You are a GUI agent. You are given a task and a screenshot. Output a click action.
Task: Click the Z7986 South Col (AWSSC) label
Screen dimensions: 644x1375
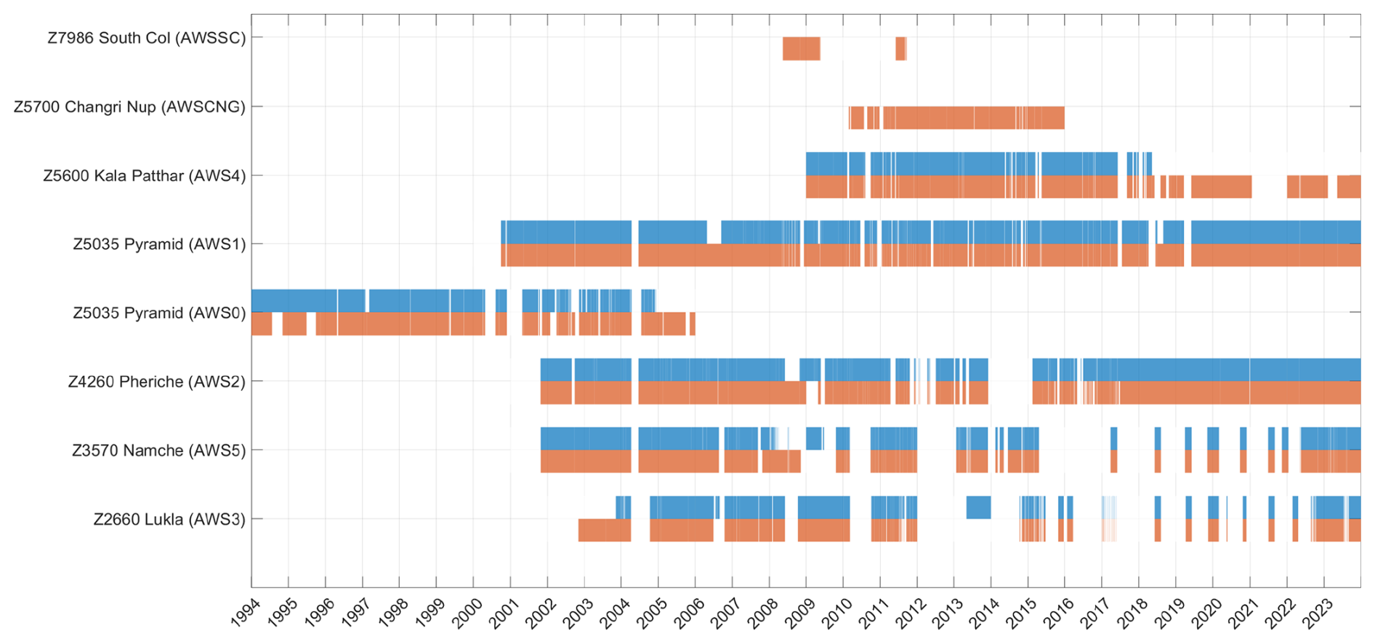click(146, 38)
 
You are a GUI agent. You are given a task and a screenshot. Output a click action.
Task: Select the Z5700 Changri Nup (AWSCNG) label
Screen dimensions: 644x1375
click(129, 107)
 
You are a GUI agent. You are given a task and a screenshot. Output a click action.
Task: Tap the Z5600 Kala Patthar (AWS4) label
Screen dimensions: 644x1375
click(144, 176)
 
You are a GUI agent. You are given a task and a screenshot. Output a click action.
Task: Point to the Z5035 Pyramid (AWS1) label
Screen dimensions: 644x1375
click(159, 244)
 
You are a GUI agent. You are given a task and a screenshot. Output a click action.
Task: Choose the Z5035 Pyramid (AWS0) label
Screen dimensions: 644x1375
click(159, 313)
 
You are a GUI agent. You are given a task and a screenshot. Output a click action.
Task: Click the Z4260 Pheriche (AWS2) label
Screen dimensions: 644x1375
click(156, 382)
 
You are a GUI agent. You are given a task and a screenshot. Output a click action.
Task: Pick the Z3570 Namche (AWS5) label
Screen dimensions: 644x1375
click(158, 451)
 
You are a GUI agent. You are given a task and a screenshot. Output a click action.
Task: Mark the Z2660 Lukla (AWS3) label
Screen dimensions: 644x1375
click(169, 520)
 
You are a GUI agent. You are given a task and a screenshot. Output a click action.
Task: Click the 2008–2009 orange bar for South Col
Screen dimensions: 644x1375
click(801, 49)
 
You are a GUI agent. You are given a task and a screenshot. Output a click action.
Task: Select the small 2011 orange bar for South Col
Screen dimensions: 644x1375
click(900, 49)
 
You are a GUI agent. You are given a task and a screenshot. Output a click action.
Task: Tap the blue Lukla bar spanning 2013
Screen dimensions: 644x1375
click(978, 507)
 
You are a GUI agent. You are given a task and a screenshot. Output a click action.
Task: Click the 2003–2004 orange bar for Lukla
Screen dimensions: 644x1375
click(604, 530)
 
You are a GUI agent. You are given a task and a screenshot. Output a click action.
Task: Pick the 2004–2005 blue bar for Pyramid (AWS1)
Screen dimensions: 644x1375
click(672, 232)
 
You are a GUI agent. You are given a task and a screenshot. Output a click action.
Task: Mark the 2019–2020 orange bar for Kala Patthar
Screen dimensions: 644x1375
click(1221, 187)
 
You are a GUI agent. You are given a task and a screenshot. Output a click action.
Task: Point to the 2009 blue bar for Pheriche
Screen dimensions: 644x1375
click(810, 370)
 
